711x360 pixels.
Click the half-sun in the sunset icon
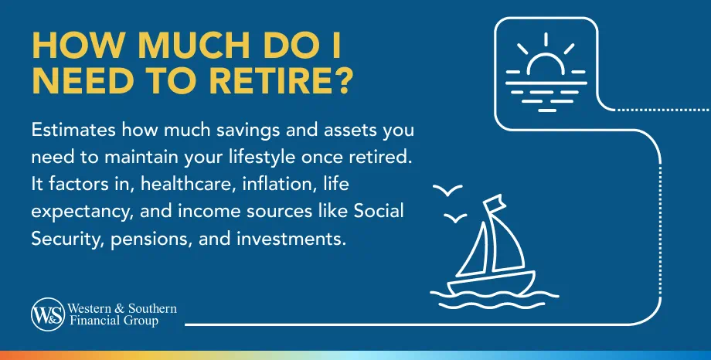[546, 65]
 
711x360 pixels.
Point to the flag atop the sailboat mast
[493, 205]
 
